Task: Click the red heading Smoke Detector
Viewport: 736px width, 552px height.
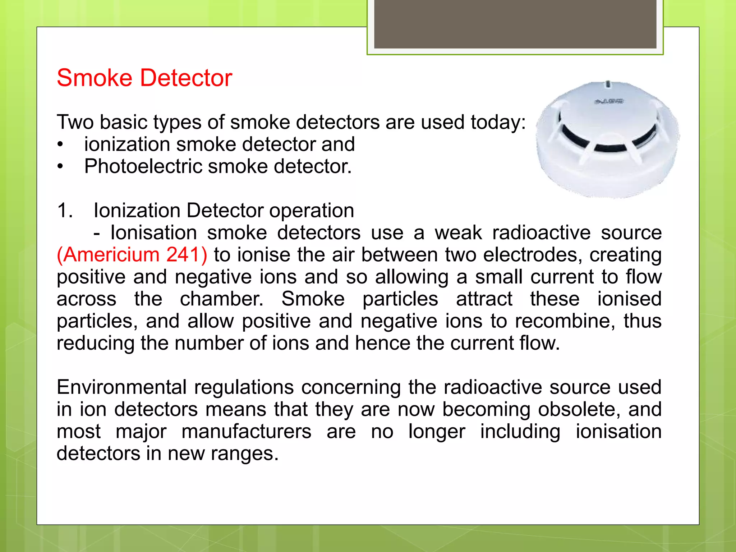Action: click(x=144, y=78)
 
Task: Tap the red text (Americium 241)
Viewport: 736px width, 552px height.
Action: click(x=132, y=255)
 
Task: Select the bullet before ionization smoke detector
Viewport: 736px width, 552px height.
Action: click(x=60, y=145)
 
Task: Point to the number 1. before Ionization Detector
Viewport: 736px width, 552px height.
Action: click(x=65, y=211)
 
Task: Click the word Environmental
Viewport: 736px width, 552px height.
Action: click(x=121, y=387)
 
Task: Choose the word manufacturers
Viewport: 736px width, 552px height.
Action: click(x=246, y=432)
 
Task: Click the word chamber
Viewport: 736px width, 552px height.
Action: click(x=222, y=299)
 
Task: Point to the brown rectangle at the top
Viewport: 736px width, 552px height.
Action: click(x=515, y=24)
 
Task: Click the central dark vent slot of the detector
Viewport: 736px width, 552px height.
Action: click(x=610, y=148)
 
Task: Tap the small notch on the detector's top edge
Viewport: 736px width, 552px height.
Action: click(x=608, y=84)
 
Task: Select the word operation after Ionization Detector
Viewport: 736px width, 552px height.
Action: click(x=312, y=211)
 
